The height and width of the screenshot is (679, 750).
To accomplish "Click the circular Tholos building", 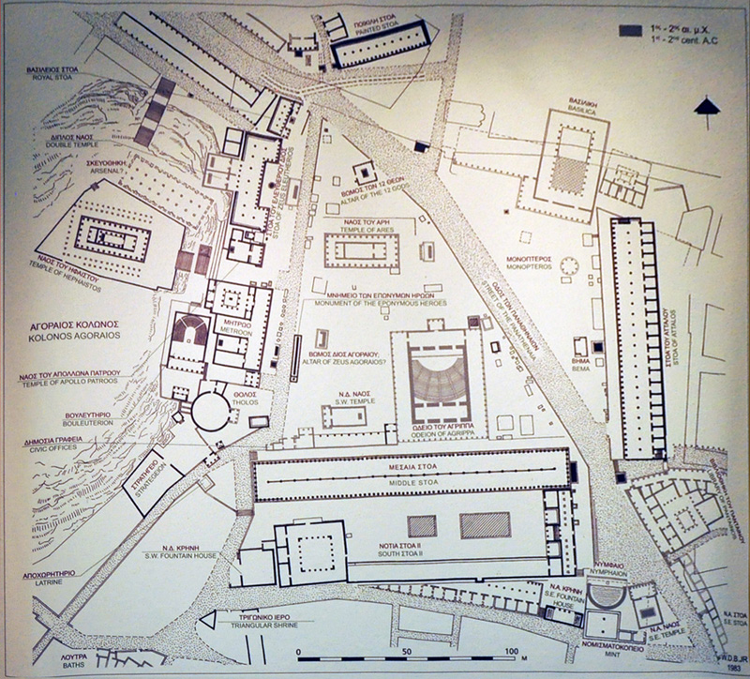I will [x=210, y=411].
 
